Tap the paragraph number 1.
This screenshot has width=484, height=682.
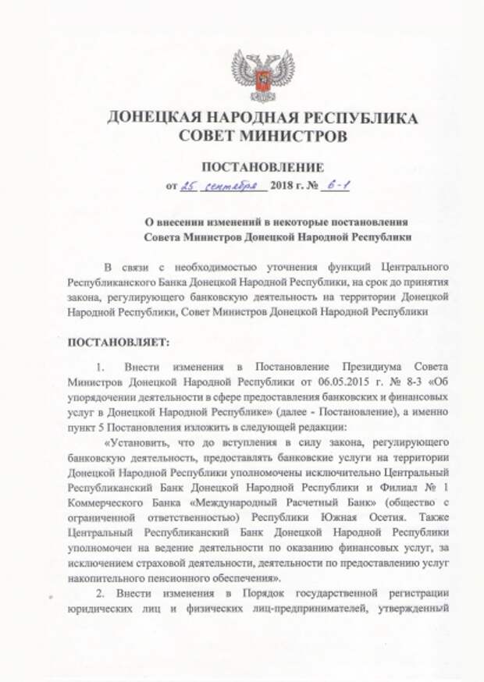pyautogui.click(x=99, y=367)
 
